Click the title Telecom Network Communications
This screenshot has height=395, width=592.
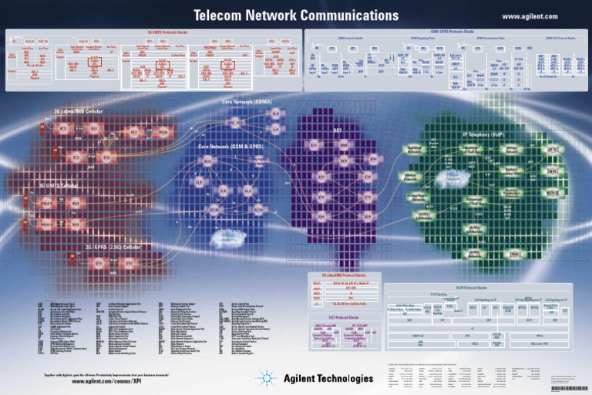tap(296, 15)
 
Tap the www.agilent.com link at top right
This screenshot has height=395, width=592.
tap(530, 16)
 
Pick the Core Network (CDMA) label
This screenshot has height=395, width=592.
tap(247, 101)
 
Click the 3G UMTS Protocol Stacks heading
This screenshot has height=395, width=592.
tap(151, 32)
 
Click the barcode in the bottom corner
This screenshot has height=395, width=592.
tap(569, 388)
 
